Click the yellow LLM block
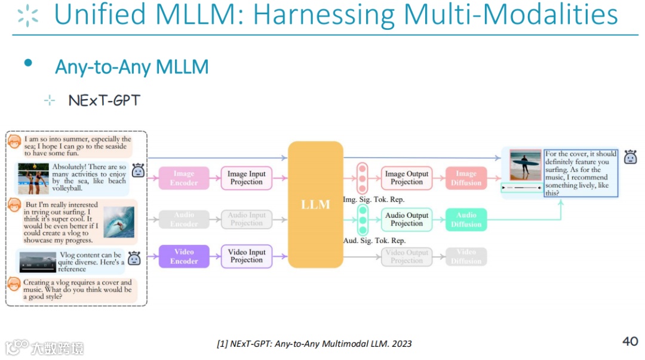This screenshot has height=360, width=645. (315, 205)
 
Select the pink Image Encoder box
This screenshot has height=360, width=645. (184, 178)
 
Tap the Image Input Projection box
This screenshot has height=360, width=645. (247, 178)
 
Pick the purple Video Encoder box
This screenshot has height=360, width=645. (184, 256)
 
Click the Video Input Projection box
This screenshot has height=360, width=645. (247, 256)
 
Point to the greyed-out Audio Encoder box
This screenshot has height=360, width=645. (185, 219)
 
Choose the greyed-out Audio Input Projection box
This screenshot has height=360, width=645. (247, 219)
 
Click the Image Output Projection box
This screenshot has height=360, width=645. (407, 178)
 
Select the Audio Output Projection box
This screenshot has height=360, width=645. (407, 219)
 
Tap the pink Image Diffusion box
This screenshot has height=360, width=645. (466, 178)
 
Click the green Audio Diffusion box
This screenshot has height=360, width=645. (466, 220)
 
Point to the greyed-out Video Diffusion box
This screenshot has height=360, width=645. (466, 257)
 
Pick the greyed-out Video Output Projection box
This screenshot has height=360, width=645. (407, 257)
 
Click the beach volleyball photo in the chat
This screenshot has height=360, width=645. (33, 178)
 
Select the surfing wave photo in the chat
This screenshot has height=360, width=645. (119, 222)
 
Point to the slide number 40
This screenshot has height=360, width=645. (630, 341)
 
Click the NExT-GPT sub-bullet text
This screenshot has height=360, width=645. (104, 100)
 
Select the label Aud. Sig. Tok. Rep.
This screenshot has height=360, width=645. (374, 241)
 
